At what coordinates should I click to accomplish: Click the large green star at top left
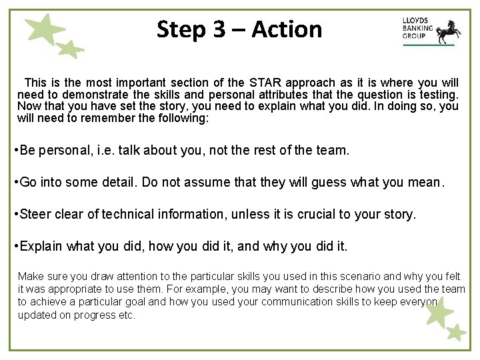(x=44, y=30)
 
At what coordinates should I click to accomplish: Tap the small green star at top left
(x=69, y=49)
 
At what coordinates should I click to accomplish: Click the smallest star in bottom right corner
(x=457, y=331)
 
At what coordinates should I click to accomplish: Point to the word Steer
(x=35, y=214)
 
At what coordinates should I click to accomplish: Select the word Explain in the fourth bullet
(x=41, y=246)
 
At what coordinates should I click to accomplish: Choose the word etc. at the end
(x=127, y=314)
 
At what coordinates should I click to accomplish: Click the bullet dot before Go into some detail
(x=16, y=182)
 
